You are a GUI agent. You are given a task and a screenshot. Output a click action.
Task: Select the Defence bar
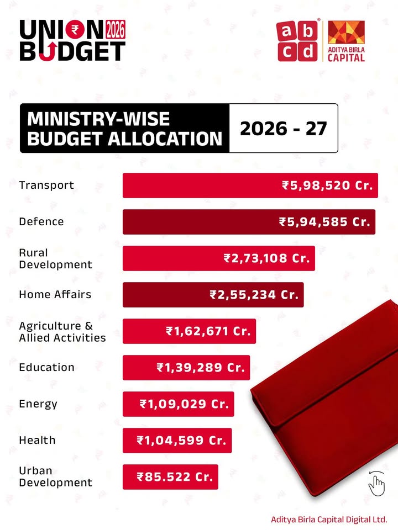click(x=249, y=222)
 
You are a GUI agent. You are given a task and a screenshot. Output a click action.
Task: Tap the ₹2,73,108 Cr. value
click(x=266, y=258)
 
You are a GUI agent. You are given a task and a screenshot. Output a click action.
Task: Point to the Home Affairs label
click(x=55, y=294)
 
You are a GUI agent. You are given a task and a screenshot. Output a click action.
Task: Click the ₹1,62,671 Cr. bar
click(x=189, y=331)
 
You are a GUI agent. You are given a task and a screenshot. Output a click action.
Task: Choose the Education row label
click(x=46, y=367)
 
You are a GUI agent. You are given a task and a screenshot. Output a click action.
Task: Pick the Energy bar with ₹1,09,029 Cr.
click(x=178, y=404)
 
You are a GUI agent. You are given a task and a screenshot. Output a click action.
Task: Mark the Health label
click(x=37, y=440)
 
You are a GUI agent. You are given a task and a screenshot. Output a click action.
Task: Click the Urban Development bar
click(x=170, y=476)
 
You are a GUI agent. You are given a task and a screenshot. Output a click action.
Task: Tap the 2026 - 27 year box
click(x=283, y=128)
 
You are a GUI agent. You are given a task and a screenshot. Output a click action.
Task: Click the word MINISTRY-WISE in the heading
click(x=98, y=119)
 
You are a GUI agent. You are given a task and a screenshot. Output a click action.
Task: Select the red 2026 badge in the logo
click(x=115, y=28)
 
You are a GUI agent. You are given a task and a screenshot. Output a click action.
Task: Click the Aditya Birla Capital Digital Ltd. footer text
click(x=329, y=520)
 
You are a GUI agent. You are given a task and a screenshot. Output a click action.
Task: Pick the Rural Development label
click(x=55, y=258)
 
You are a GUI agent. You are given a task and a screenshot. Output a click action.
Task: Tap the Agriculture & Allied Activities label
click(x=62, y=331)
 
